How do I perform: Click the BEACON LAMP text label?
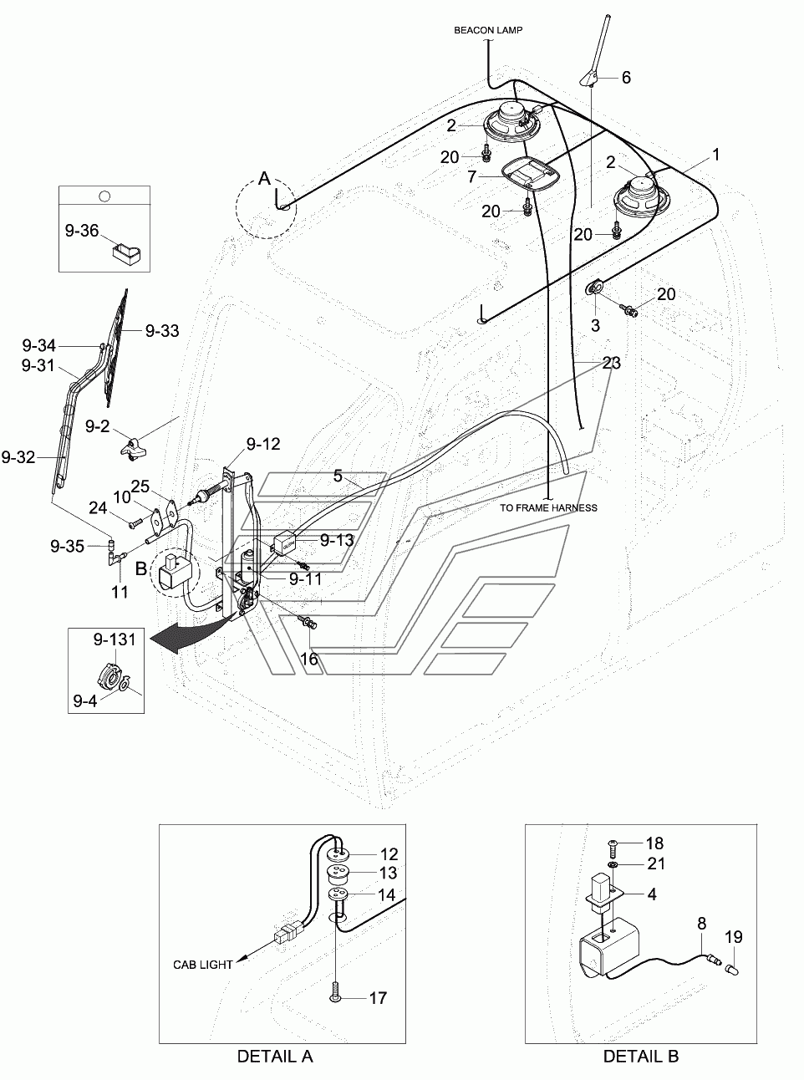click(488, 30)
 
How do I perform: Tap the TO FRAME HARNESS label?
click(548, 508)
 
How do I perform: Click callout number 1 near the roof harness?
click(715, 155)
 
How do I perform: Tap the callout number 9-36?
click(82, 231)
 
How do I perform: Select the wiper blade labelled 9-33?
click(117, 347)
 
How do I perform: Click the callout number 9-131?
click(114, 639)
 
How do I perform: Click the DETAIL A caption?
click(275, 1057)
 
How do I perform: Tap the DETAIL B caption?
click(641, 1057)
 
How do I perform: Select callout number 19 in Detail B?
click(734, 937)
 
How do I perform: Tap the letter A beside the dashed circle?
click(264, 179)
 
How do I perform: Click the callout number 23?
click(612, 363)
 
